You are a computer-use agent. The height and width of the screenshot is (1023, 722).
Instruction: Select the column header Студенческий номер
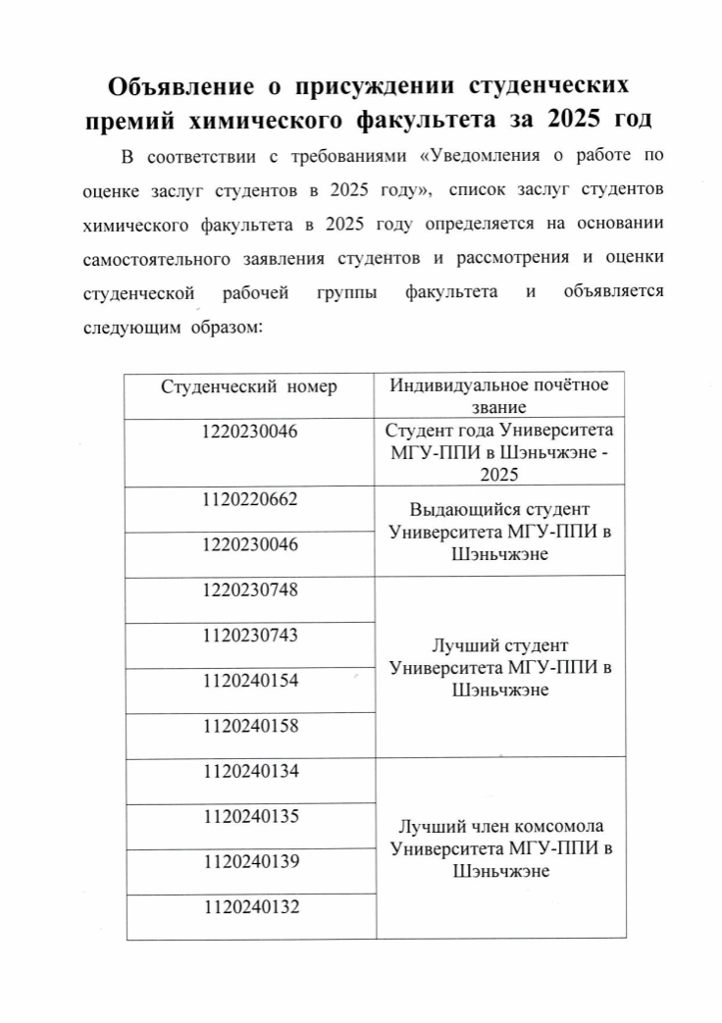click(248, 385)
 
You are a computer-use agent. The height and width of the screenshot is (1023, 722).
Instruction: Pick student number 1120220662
click(249, 498)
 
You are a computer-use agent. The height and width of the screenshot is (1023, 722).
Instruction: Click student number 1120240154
click(249, 680)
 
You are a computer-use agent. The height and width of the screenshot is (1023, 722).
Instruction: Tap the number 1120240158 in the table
click(249, 726)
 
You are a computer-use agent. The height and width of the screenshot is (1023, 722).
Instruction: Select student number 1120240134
click(249, 771)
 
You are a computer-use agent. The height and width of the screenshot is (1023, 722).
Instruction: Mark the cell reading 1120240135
click(249, 816)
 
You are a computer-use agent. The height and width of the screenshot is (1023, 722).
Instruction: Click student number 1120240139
click(249, 861)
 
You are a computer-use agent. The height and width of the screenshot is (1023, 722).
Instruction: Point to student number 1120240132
click(249, 907)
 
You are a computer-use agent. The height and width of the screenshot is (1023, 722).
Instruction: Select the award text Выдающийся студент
click(500, 511)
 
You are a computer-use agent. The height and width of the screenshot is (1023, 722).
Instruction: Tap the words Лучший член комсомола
click(500, 827)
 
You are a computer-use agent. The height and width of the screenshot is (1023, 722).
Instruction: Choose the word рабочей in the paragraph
click(255, 292)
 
